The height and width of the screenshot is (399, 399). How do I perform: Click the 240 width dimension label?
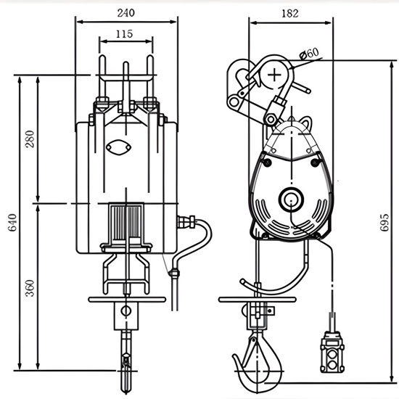(x=127, y=12)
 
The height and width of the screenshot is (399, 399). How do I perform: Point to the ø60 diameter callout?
(x=310, y=52)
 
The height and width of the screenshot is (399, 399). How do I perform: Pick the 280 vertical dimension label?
(x=30, y=139)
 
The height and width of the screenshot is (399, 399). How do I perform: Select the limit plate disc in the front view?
(x=127, y=298)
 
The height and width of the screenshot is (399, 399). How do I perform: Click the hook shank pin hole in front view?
(x=127, y=310)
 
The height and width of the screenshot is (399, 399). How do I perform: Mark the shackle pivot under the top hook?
(x=273, y=113)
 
